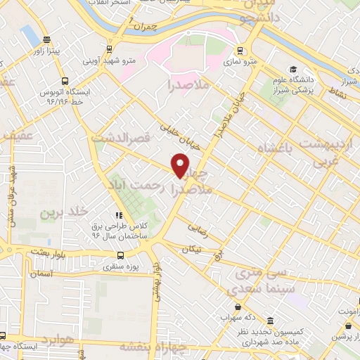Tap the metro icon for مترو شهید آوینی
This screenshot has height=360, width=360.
pos(109,49)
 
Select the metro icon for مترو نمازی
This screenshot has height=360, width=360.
pos(240,51)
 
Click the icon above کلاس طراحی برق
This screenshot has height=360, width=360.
pos(119,214)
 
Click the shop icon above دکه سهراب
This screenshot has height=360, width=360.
pos(240,307)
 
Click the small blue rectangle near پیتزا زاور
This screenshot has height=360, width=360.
pos(29,32)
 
